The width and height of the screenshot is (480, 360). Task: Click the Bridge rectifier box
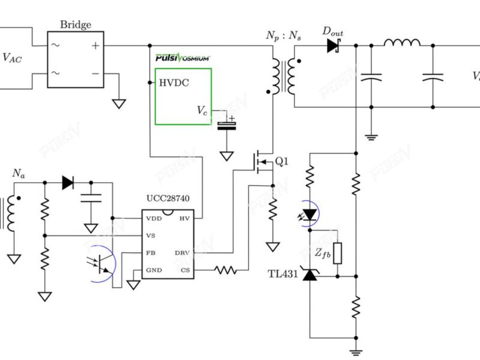tap(76, 59)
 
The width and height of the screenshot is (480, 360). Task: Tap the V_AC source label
tap(15, 58)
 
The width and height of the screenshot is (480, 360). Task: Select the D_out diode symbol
tap(334, 46)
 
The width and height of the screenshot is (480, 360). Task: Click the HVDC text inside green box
tap(174, 83)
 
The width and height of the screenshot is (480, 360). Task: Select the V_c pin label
tap(202, 110)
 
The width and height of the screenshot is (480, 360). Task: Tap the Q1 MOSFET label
tap(281, 161)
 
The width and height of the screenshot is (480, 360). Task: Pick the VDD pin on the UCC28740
tap(154, 218)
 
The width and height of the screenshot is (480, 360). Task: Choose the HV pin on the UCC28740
tap(185, 218)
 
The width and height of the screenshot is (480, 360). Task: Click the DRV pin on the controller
tap(183, 253)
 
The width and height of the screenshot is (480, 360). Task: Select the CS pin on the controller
tap(185, 270)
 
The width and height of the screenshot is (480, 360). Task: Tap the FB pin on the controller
tap(151, 253)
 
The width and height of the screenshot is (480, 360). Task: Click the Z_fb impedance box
tap(338, 253)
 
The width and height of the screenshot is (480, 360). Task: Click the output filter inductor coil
tap(402, 43)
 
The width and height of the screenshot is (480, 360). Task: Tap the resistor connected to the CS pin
tap(226, 270)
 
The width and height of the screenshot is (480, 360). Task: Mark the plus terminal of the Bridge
tap(95, 46)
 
